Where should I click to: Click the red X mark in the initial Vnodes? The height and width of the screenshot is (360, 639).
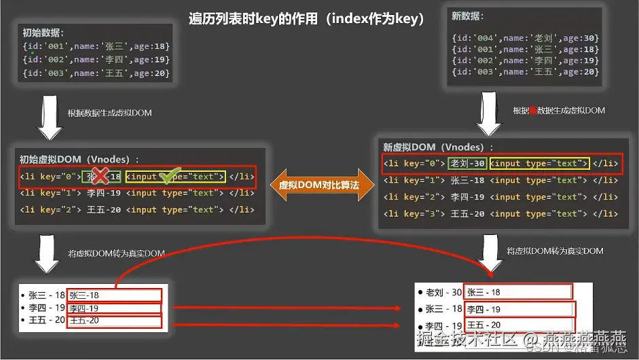(x=100, y=177)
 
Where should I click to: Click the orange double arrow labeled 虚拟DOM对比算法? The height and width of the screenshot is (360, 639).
(x=318, y=184)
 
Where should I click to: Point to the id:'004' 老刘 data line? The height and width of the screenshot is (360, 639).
(x=525, y=38)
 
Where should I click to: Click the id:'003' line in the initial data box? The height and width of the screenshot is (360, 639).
(x=96, y=73)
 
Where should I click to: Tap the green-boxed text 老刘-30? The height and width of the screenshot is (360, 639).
(x=467, y=163)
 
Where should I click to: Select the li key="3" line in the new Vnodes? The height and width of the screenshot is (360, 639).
(x=500, y=214)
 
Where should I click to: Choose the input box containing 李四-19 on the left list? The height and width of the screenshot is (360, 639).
(x=114, y=308)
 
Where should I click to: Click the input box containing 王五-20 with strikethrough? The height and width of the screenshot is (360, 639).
(x=114, y=321)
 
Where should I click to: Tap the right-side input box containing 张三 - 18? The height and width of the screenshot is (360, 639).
(x=517, y=292)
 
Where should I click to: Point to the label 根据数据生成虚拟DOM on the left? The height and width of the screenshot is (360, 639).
(x=109, y=113)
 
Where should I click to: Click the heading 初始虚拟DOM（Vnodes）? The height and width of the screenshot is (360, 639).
(x=79, y=160)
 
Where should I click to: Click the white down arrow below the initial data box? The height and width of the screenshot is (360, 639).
(x=49, y=119)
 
